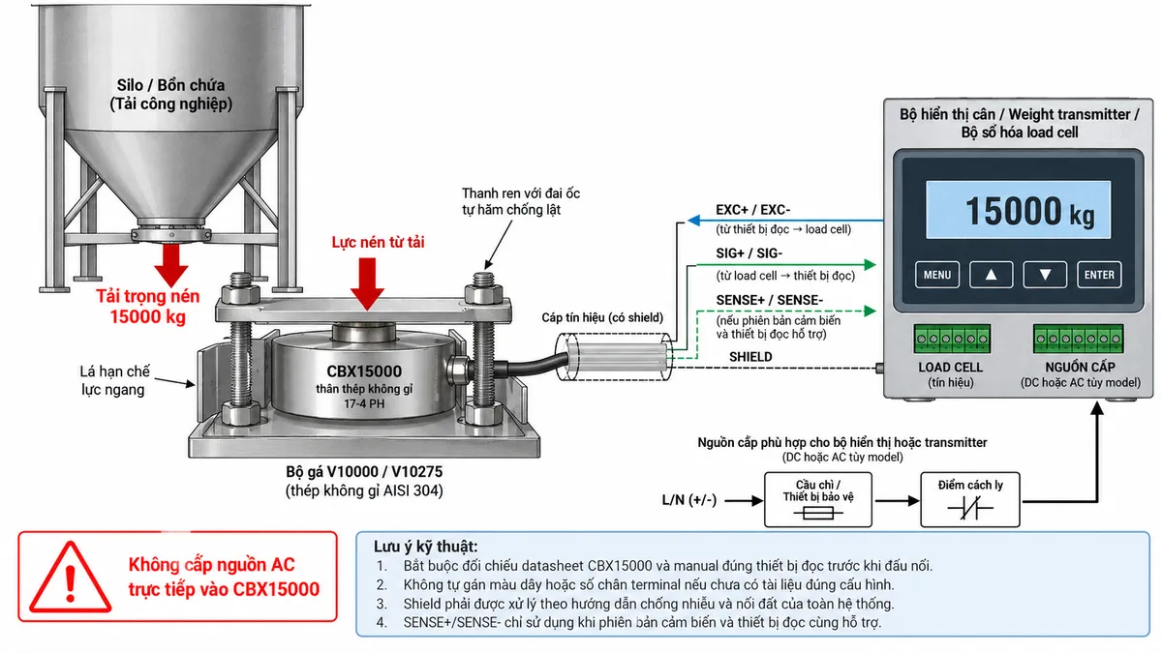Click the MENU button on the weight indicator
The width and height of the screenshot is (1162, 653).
(x=937, y=275)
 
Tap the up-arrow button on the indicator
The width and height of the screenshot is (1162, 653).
(x=991, y=275)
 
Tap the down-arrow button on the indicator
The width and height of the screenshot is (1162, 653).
(x=1045, y=275)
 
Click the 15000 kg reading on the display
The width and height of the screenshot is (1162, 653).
(x=1029, y=212)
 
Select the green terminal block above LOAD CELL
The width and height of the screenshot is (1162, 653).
(x=952, y=339)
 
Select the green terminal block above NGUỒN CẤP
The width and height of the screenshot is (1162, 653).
(x=1078, y=339)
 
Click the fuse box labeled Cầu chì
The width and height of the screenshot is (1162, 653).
(x=818, y=499)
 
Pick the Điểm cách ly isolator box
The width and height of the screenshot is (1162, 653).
(x=970, y=499)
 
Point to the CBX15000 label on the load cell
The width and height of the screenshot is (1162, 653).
(x=364, y=371)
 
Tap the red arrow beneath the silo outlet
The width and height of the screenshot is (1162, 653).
(x=170, y=265)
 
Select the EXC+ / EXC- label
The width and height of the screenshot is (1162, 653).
(x=752, y=210)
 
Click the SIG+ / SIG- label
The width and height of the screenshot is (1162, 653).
(x=749, y=253)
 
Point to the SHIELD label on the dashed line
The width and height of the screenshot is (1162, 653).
(x=750, y=357)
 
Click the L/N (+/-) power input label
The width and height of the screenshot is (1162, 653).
(x=688, y=500)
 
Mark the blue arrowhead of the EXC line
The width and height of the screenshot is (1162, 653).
(x=694, y=221)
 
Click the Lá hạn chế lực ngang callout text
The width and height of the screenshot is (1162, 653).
(x=114, y=380)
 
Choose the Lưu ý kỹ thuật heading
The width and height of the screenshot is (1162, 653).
(x=425, y=547)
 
